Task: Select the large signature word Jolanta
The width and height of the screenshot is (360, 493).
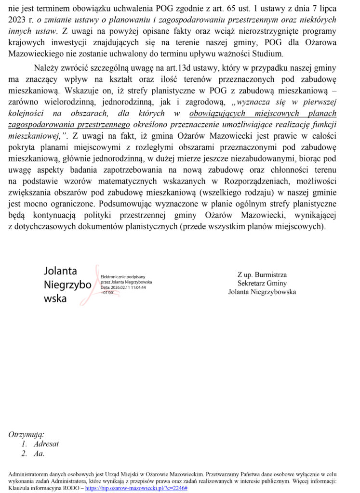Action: tap(60, 271)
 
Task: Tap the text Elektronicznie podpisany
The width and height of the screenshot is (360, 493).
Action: tap(119, 277)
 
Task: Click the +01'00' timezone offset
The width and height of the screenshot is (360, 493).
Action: tap(107, 292)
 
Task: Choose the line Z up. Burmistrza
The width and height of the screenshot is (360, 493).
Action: tap(262, 275)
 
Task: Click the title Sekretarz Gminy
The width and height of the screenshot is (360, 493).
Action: tap(262, 283)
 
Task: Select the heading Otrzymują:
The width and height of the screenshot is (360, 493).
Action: tap(26, 435)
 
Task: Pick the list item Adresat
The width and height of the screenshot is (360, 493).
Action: tap(46, 444)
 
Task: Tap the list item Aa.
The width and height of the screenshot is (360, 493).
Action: tap(39, 454)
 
